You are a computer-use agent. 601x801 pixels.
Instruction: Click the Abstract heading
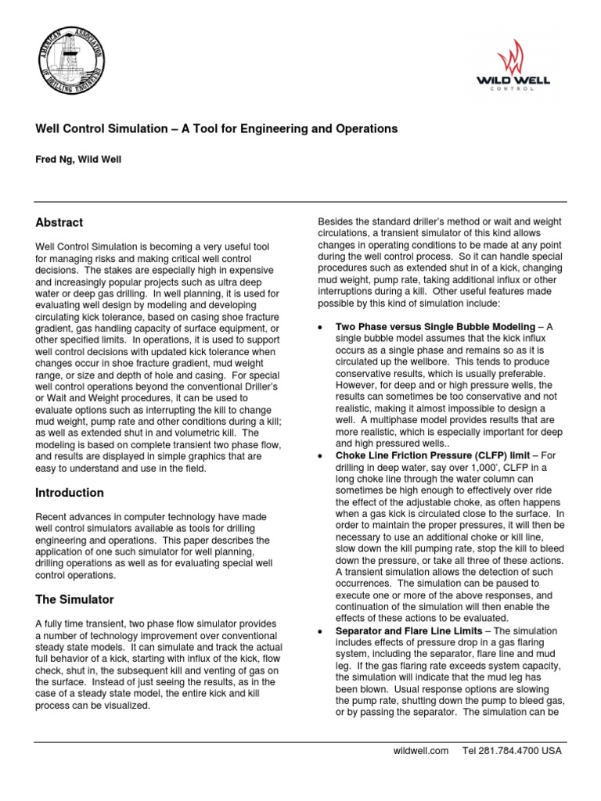point(59,223)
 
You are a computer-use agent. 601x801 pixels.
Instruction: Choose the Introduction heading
point(70,493)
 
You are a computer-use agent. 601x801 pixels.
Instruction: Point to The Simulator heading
point(75,600)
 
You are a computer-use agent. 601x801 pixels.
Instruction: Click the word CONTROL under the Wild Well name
point(519,88)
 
